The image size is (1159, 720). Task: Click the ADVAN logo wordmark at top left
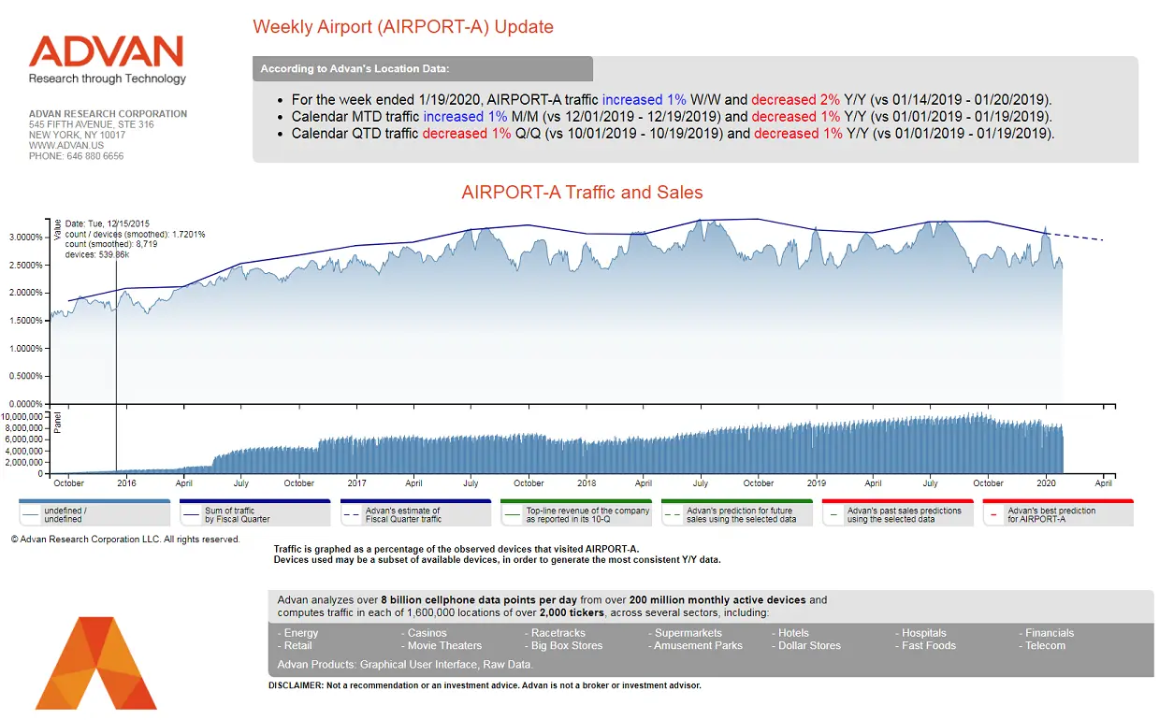pyautogui.click(x=106, y=51)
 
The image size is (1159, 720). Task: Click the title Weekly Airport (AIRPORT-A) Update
pyautogui.click(x=403, y=26)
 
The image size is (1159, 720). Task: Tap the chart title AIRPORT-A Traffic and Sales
pyautogui.click(x=582, y=193)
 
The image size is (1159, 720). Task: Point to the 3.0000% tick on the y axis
pyautogui.click(x=26, y=238)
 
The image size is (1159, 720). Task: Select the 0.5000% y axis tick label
pyautogui.click(x=26, y=376)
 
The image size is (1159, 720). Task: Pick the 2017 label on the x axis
pyautogui.click(x=356, y=483)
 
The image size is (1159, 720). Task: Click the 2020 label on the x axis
pyautogui.click(x=1047, y=483)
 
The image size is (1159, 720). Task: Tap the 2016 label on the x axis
pyautogui.click(x=126, y=483)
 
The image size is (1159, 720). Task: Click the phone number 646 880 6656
pyautogui.click(x=76, y=156)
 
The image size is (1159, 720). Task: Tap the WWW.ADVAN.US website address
pyautogui.click(x=65, y=146)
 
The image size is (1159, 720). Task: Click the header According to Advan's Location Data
pyautogui.click(x=355, y=69)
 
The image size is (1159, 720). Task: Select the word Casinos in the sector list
pyautogui.click(x=427, y=633)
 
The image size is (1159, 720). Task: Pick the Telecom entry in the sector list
pyautogui.click(x=1045, y=645)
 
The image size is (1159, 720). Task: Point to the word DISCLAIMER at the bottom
pyautogui.click(x=294, y=685)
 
